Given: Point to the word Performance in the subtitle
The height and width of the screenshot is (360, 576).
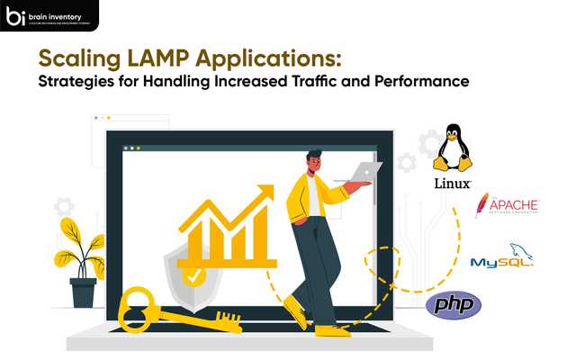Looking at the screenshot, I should [426, 82].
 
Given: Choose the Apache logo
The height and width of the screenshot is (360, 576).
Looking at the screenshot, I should [507, 205].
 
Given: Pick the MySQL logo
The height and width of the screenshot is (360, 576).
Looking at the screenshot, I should [501, 257].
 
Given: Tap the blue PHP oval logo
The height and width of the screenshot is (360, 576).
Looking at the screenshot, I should [453, 305].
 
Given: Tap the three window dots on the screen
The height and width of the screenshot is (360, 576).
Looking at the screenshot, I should [131, 148].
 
